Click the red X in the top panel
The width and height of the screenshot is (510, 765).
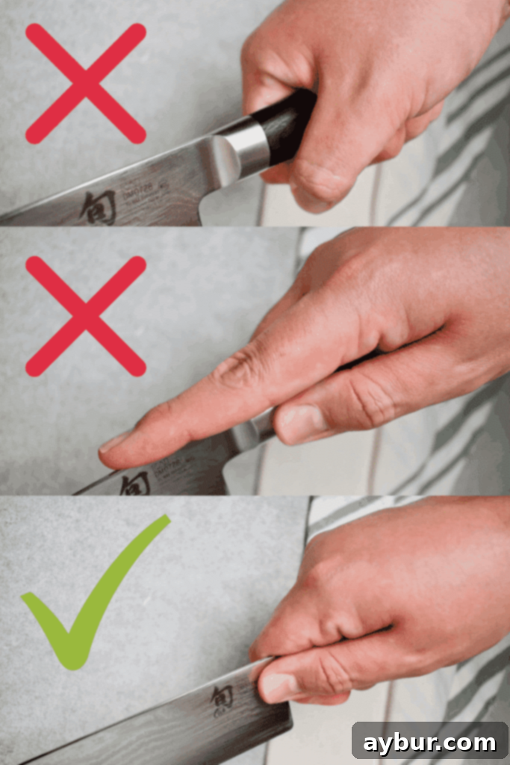pyautogui.click(x=86, y=83)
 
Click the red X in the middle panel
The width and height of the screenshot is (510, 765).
pyautogui.click(x=86, y=316)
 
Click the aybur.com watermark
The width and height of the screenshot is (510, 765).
pyautogui.click(x=429, y=743)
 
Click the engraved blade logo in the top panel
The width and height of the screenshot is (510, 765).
pyautogui.click(x=98, y=206)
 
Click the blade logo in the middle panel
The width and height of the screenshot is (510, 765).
pyautogui.click(x=133, y=484)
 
